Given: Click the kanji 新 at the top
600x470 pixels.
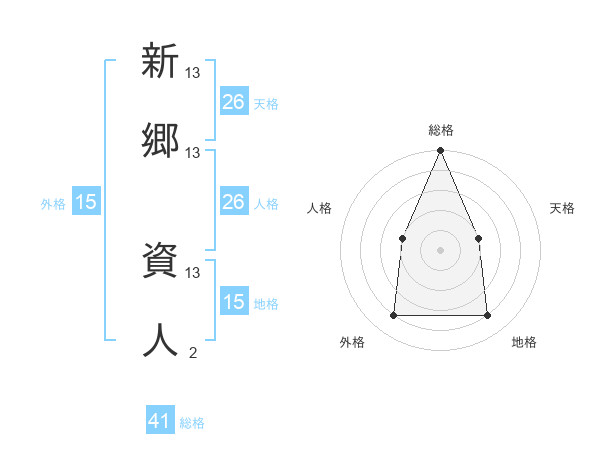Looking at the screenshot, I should [x=160, y=62].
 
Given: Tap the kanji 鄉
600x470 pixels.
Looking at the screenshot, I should [x=160, y=142].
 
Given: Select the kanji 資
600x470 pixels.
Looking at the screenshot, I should [x=160, y=262].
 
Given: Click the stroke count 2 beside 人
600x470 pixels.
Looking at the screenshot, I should [x=193, y=352].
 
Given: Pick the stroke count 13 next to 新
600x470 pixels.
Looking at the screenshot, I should [x=193, y=72].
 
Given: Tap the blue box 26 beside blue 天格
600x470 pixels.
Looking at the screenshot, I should [x=234, y=102].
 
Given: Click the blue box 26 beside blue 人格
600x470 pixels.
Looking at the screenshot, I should [x=234, y=202].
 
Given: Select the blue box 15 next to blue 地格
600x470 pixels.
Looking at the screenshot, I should [x=234, y=302].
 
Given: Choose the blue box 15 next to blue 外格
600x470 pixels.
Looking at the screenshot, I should [x=86, y=202].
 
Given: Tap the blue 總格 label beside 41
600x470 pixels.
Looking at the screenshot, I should [x=192, y=423].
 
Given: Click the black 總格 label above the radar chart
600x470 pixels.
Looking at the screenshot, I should [x=440, y=130].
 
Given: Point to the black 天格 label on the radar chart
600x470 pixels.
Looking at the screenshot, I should [x=563, y=208].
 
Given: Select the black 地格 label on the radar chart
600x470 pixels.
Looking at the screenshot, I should [x=524, y=342].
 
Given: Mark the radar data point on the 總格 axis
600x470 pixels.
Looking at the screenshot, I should [x=440, y=151].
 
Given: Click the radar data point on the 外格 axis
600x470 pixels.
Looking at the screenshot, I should [x=393, y=316].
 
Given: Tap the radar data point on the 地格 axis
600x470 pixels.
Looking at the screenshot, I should [x=488, y=316].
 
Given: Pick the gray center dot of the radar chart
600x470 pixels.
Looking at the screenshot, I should [x=440, y=250].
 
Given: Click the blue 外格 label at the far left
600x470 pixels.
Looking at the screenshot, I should [x=53, y=203].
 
